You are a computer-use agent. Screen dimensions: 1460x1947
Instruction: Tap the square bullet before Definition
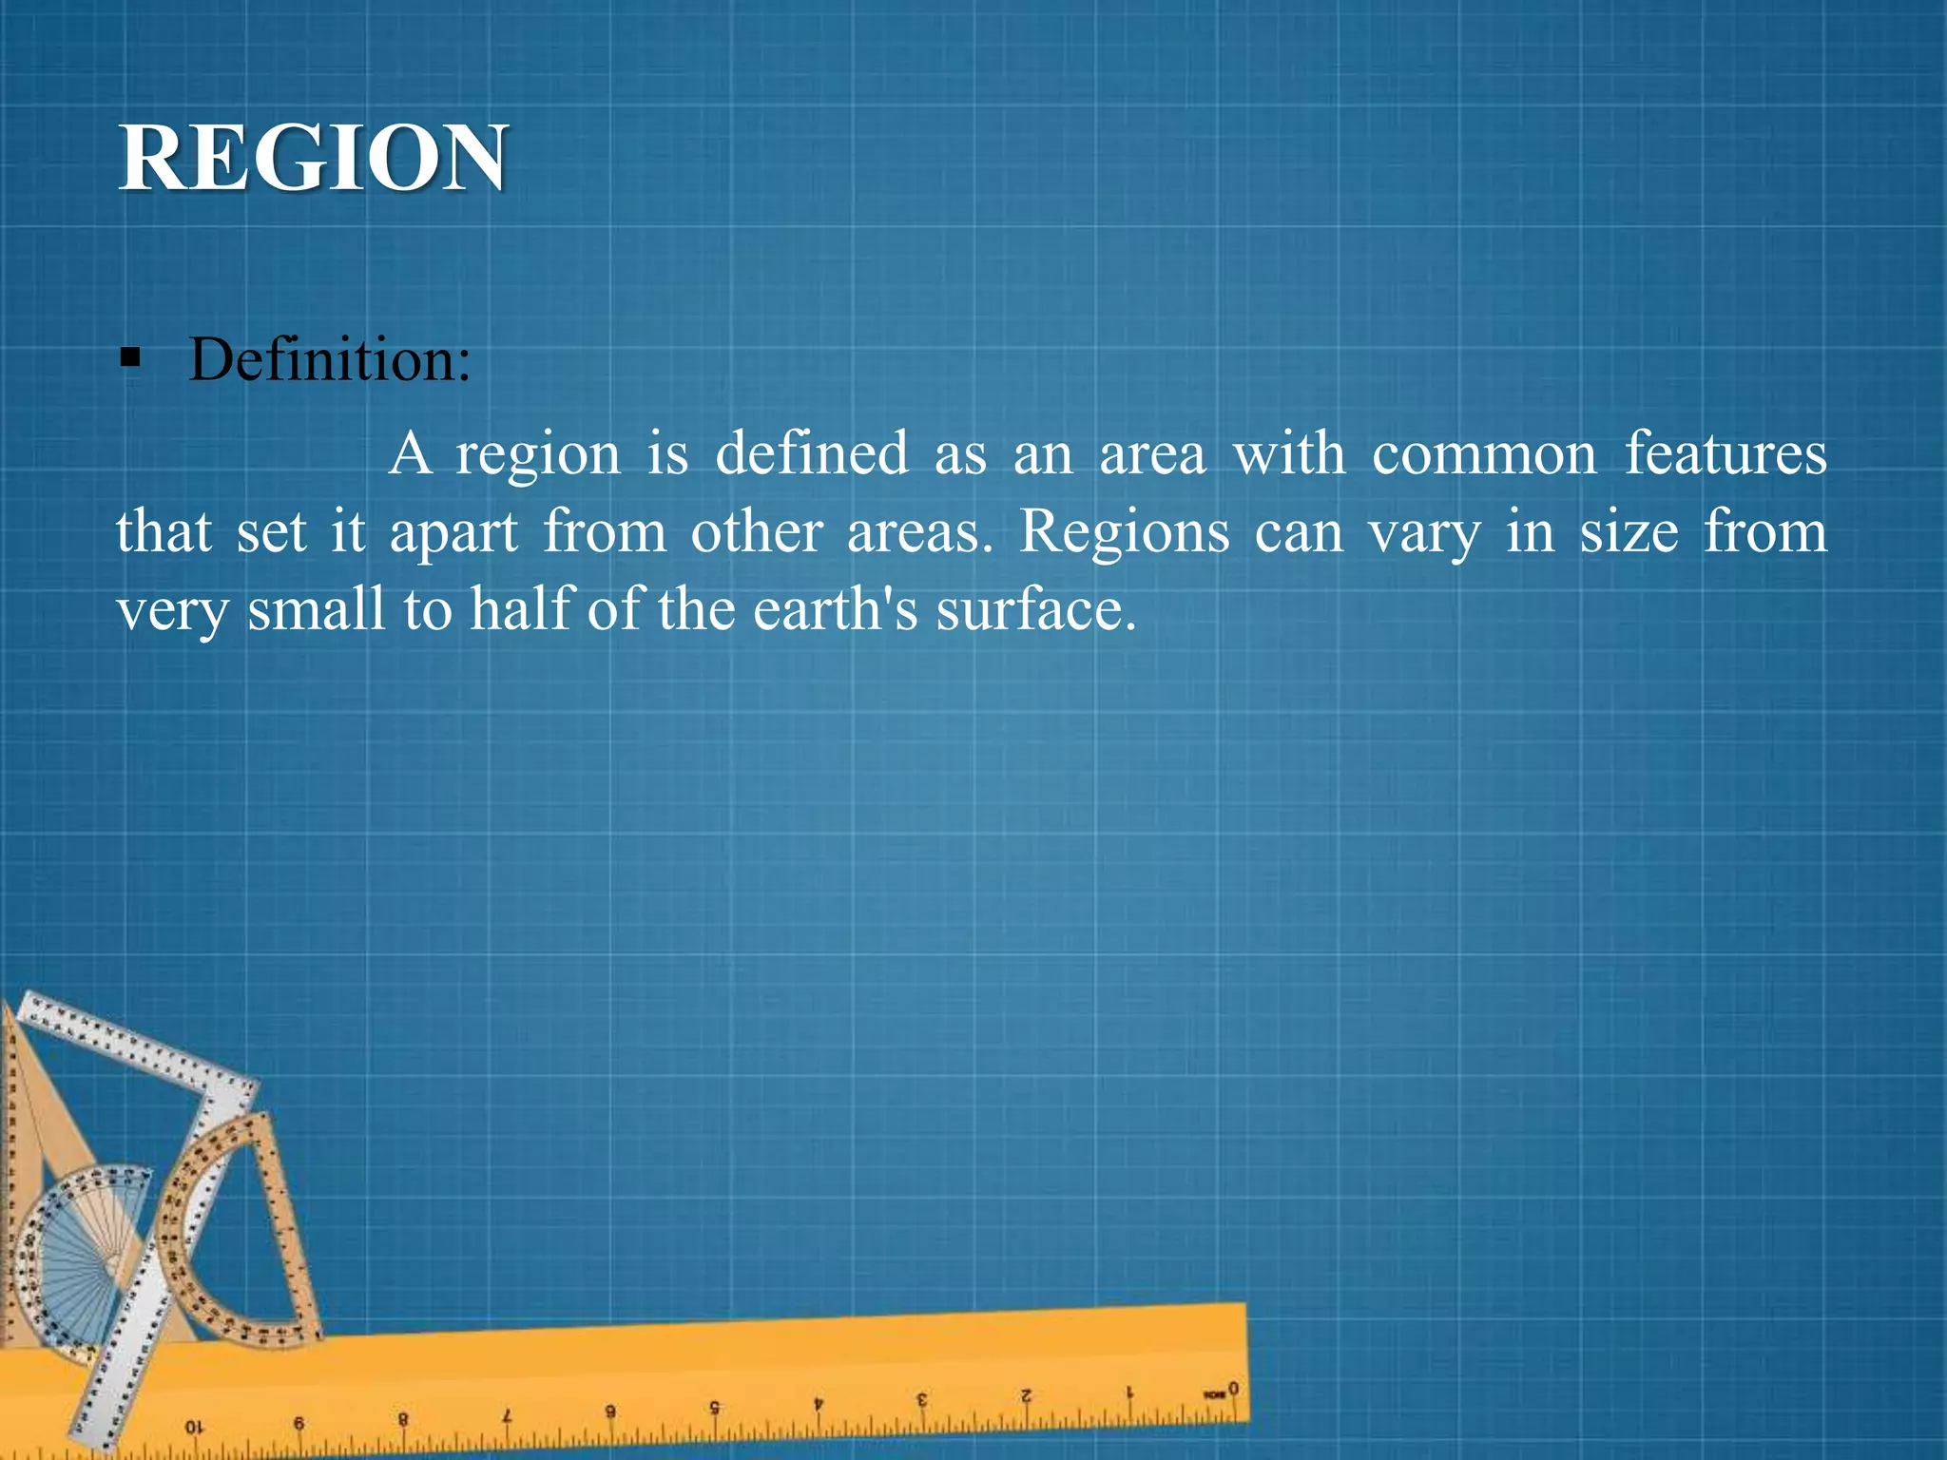(131, 359)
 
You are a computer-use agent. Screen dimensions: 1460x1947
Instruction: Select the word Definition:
(330, 360)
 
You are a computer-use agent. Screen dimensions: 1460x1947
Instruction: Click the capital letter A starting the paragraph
(410, 453)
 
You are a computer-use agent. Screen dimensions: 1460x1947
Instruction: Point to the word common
(1484, 453)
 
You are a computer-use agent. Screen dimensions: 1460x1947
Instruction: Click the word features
(1725, 453)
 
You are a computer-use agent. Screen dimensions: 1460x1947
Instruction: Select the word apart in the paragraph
(453, 532)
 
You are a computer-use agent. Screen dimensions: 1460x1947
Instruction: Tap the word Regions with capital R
(1124, 532)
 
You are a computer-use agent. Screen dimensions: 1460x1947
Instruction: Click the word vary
(1424, 532)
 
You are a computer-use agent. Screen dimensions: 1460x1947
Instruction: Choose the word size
(1629, 532)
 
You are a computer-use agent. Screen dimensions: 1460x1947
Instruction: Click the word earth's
(836, 609)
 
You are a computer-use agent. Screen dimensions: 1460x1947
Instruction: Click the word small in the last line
(316, 609)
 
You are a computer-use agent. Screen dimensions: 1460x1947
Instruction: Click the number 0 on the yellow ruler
(1233, 1389)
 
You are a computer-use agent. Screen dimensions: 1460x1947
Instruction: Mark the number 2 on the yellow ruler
(1026, 1395)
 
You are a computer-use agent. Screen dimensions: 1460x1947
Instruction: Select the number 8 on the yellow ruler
(403, 1419)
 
